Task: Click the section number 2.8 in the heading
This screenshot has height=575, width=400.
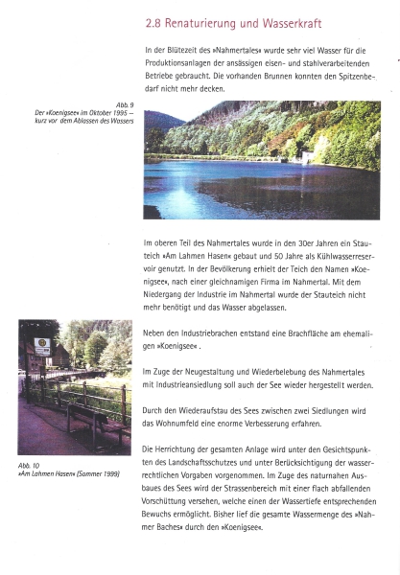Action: click(154, 21)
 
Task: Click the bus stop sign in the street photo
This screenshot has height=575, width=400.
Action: click(40, 347)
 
